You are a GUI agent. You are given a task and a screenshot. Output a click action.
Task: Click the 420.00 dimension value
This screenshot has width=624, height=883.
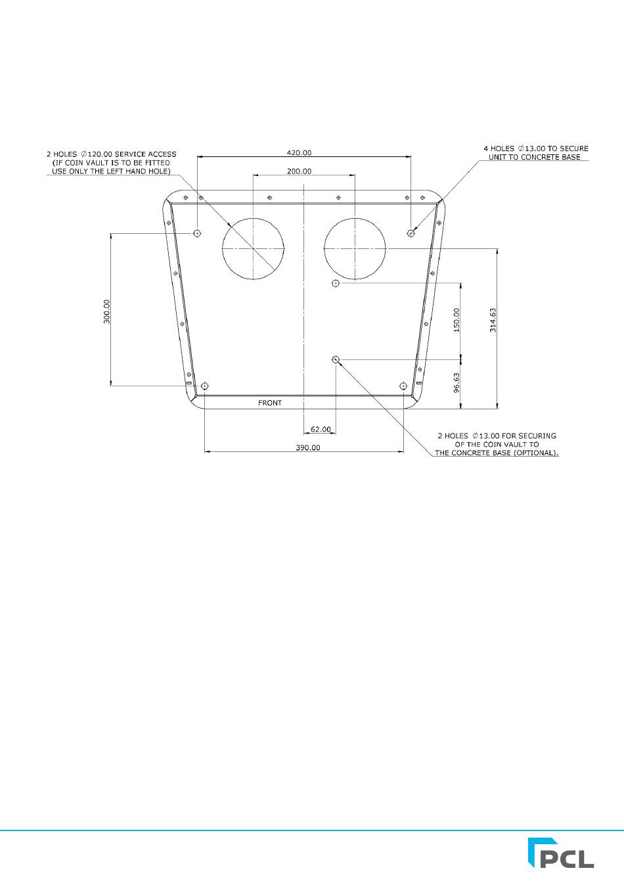[x=299, y=152]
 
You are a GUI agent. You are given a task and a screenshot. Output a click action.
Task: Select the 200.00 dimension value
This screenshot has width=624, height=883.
[x=299, y=171]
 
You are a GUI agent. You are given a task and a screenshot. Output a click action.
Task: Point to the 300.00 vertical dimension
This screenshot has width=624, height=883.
[x=107, y=311]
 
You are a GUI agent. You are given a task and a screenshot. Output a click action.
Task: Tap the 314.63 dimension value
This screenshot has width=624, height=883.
[x=493, y=320]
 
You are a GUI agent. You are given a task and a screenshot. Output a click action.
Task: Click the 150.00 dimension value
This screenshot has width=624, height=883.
[x=457, y=320]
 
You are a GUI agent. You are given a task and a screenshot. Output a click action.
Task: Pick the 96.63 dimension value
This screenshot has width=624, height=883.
[x=457, y=383]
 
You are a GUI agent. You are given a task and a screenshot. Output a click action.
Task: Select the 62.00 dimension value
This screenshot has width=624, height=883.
[x=321, y=429]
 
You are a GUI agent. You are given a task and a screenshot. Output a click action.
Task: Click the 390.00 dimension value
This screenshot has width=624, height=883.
[x=308, y=448]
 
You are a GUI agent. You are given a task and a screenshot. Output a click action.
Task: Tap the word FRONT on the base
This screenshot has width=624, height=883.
[x=270, y=403]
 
